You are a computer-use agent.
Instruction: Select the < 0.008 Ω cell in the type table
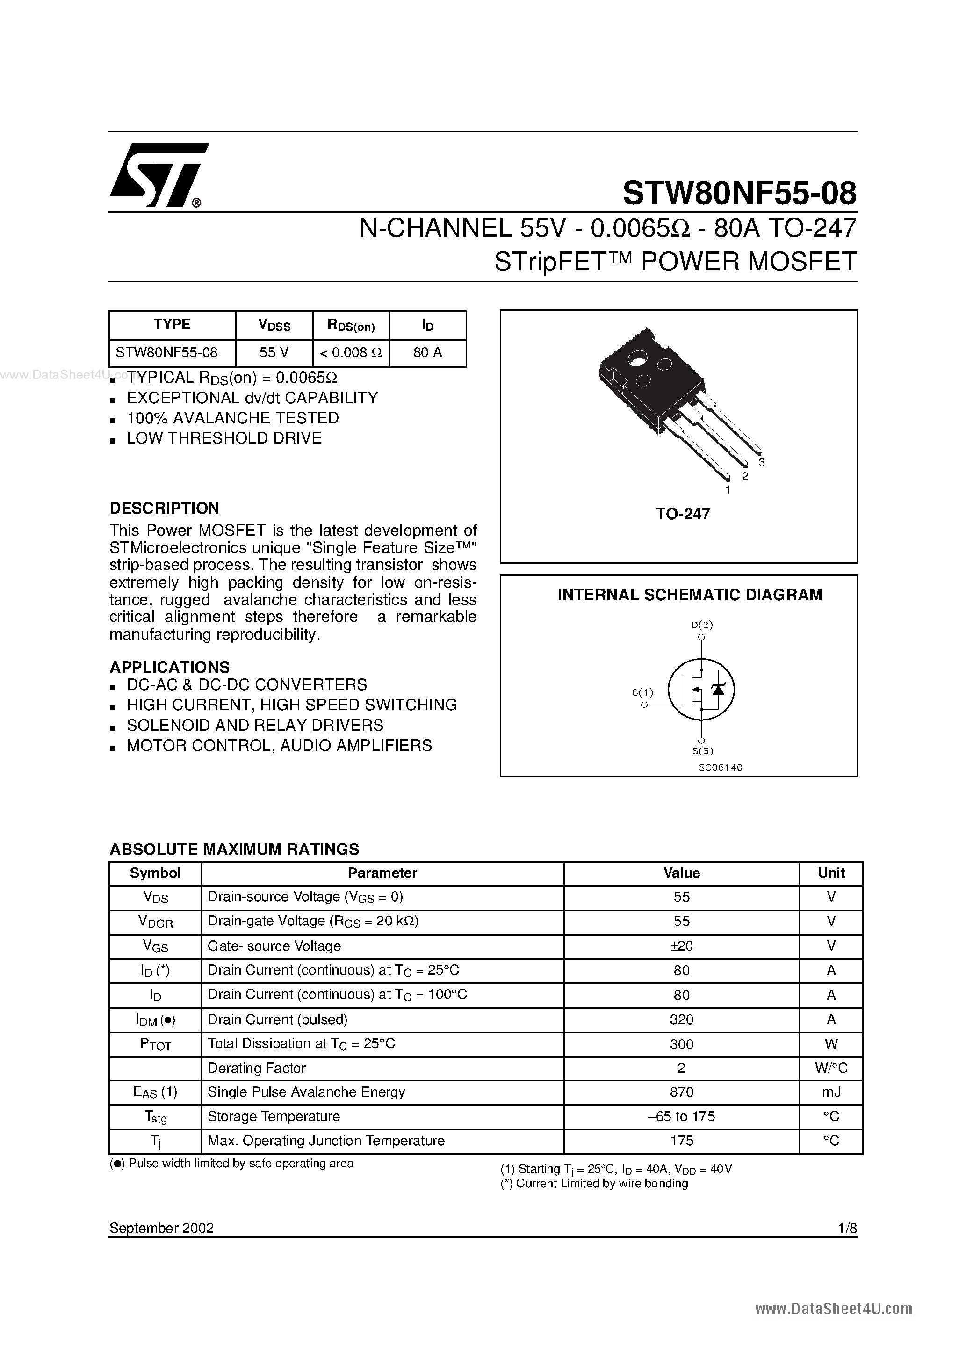click(351, 353)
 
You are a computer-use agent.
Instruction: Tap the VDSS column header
click(274, 325)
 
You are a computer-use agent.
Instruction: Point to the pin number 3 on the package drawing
click(762, 462)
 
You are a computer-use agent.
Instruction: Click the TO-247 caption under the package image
click(683, 514)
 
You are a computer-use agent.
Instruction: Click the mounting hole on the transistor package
click(638, 359)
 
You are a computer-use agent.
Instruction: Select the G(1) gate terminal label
click(642, 692)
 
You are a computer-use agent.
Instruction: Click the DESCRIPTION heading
click(165, 508)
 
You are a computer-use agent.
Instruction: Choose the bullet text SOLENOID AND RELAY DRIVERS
click(255, 725)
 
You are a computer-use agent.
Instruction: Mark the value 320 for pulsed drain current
click(681, 1019)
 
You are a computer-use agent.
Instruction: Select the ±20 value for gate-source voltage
click(681, 946)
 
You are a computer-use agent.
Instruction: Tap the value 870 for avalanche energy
click(681, 1092)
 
